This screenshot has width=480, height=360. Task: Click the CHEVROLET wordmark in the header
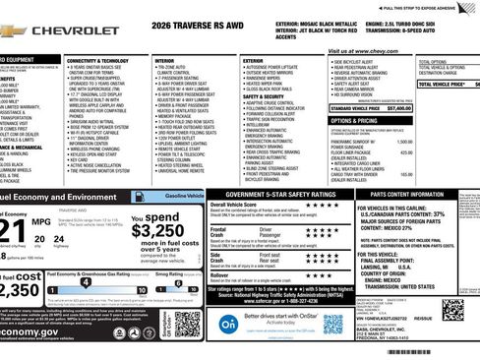point(76,30)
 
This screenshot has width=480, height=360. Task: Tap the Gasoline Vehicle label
point(183,196)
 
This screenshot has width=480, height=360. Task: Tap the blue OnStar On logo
point(228,322)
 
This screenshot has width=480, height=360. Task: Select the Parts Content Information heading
point(406,195)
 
